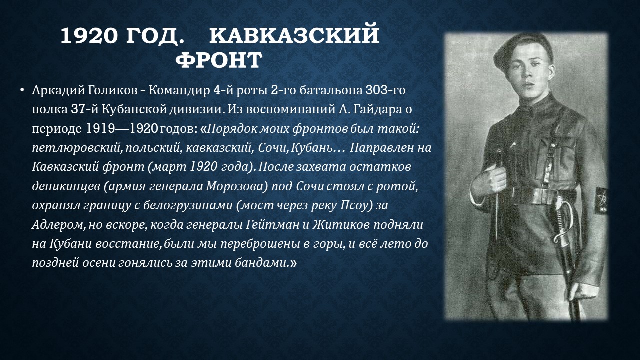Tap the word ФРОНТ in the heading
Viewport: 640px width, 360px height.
coord(219,60)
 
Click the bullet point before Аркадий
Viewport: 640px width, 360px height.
coord(22,91)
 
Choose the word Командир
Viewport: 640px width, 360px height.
coord(179,91)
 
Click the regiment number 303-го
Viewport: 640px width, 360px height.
coord(385,90)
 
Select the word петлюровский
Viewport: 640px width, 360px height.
coord(77,148)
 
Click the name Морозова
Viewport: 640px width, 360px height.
coord(236,187)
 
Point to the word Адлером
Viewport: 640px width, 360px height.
coord(59,225)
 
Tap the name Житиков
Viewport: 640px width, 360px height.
coord(340,225)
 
